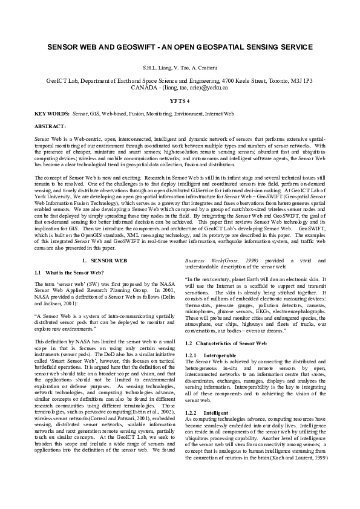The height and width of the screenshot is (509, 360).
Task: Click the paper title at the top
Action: click(x=180, y=46)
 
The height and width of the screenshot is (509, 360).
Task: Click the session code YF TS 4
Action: click(x=180, y=100)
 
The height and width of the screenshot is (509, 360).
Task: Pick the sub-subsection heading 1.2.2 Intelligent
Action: click(x=212, y=412)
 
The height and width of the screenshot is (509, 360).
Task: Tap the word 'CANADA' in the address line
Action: click(x=144, y=87)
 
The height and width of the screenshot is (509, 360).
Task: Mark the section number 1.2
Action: click(x=189, y=343)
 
